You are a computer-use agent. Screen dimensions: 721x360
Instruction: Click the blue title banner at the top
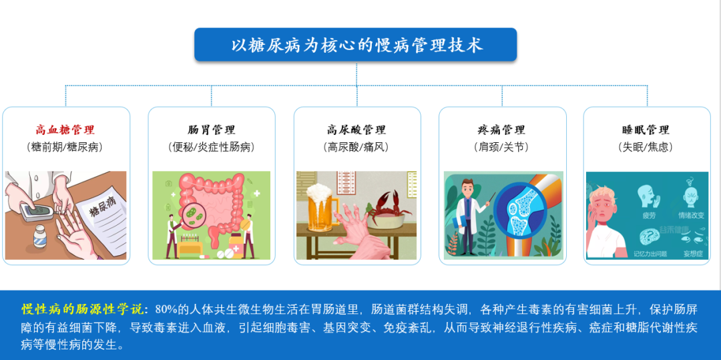click(x=355, y=45)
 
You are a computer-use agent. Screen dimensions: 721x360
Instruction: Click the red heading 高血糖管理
click(x=65, y=130)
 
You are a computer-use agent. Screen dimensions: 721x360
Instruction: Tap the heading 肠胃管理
click(x=212, y=130)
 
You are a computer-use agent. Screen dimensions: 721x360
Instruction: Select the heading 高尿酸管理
click(x=356, y=130)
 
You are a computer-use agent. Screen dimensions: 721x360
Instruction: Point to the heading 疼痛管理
click(x=501, y=130)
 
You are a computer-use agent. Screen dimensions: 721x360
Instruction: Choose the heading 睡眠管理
click(x=646, y=130)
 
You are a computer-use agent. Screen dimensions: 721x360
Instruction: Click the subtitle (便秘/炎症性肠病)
click(x=212, y=147)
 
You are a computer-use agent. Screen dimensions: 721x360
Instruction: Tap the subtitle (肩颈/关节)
click(x=501, y=147)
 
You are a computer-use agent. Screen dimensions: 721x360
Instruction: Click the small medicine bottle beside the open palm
click(x=39, y=236)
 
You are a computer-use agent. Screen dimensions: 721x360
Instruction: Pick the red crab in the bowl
click(x=387, y=204)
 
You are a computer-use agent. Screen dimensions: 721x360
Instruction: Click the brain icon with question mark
click(x=648, y=237)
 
